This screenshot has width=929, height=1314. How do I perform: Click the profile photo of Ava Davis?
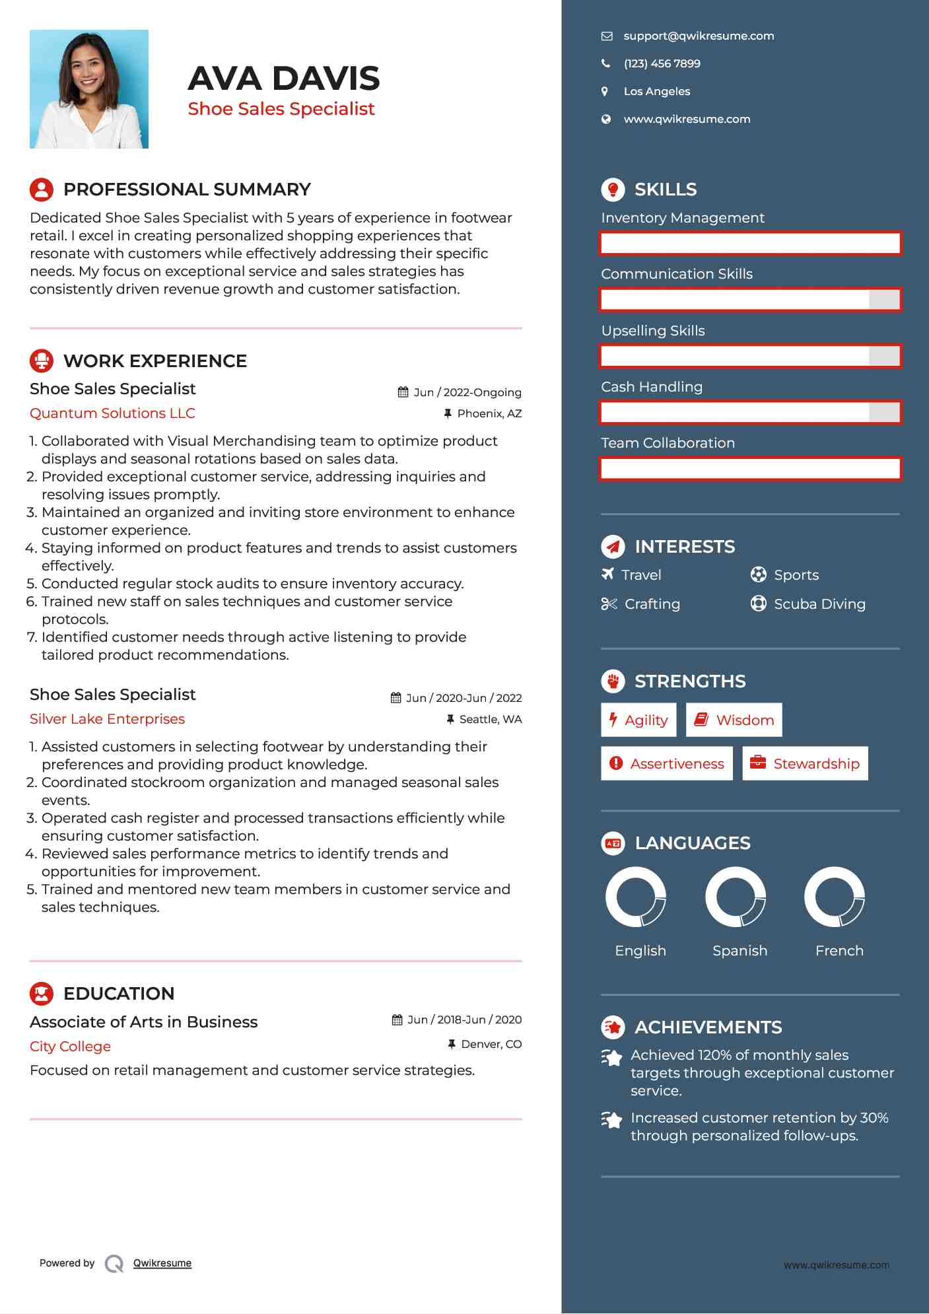89,89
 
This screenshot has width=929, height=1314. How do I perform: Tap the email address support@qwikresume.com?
698,36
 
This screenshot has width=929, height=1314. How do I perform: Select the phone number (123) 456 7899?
662,64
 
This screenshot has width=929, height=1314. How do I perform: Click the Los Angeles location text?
656,92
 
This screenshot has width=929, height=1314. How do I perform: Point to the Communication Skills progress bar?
750,300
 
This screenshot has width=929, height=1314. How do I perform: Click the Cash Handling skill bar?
750,413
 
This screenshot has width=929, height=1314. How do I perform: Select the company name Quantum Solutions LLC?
112,413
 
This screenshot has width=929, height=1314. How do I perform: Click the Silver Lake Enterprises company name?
107,719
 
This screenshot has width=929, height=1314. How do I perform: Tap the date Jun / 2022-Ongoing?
467,393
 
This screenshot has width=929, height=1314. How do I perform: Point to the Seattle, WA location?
490,720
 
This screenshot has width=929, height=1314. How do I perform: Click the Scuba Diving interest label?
819,604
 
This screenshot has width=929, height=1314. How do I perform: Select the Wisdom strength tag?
734,720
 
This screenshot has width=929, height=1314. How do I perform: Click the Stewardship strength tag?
805,764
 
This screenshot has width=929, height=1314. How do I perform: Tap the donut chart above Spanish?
735,897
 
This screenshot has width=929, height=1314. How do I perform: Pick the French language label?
839,951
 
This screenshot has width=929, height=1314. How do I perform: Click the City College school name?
70,1047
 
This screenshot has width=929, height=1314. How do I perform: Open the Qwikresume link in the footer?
162,1263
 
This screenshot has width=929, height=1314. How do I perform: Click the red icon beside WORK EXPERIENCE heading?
42,361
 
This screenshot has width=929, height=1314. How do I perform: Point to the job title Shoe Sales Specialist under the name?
281,109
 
